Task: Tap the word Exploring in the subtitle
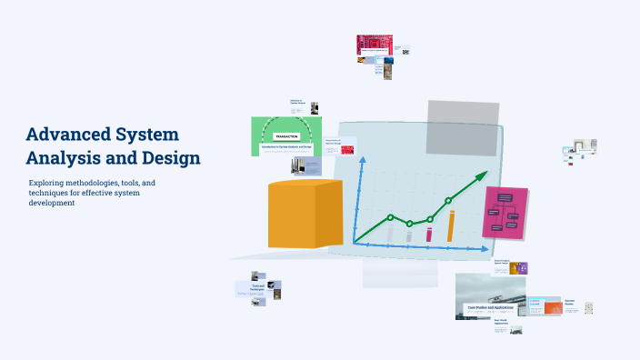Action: pos(48,184)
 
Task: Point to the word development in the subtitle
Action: pos(51,203)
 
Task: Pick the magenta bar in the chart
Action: pos(430,234)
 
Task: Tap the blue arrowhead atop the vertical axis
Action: pos(362,160)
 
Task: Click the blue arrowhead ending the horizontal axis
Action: pos(484,248)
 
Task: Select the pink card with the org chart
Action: pos(505,212)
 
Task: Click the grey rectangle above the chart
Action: pos(463,121)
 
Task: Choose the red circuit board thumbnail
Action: pos(374,45)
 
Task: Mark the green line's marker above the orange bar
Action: pos(448,200)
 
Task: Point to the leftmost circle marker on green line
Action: pos(390,217)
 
